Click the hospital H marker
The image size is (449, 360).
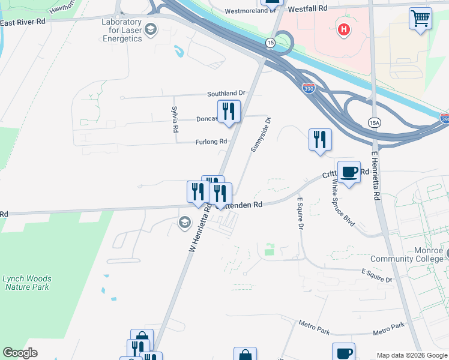point(343,28)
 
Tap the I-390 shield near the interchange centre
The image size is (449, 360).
point(309,88)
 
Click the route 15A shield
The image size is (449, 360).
point(375,122)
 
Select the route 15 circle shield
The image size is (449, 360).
point(271,42)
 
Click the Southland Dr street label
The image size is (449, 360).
point(226,94)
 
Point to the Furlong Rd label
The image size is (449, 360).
point(210,142)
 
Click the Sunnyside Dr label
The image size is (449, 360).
point(261,134)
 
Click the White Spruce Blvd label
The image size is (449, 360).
point(343,203)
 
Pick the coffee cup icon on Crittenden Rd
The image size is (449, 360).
point(349,172)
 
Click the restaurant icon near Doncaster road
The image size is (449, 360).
point(229,111)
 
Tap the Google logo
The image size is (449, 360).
point(20,353)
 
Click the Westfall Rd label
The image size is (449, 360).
point(308,9)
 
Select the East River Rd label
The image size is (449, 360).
point(23,22)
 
